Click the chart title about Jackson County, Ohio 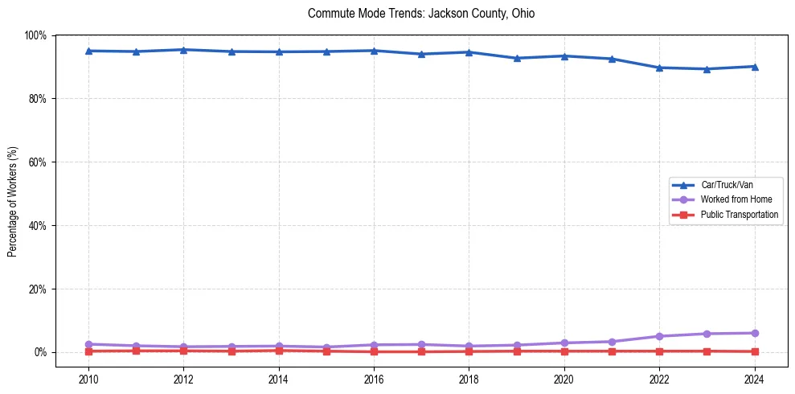(421, 14)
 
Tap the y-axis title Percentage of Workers (13, 202)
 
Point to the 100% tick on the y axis (35, 35)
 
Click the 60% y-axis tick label (37, 162)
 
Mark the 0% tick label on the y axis (40, 352)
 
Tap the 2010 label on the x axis (88, 378)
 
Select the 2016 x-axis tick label (374, 378)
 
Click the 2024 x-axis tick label (754, 378)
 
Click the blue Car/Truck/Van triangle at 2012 (183, 50)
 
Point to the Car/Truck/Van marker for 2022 (659, 68)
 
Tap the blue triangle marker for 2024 (754, 66)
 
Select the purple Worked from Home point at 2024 (754, 333)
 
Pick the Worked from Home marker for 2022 (659, 336)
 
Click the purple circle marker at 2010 (88, 344)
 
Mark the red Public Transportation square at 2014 (279, 350)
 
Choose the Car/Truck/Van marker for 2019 (517, 58)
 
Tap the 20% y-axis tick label (37, 289)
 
